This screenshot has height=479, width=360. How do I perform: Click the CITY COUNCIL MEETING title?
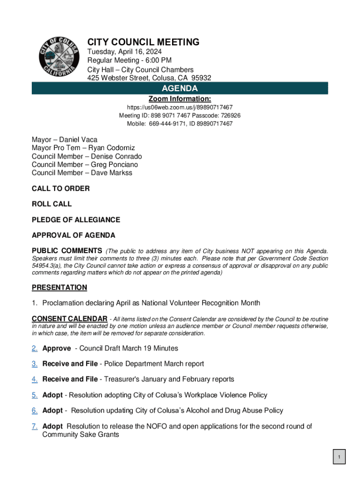pyautogui.click(x=144, y=42)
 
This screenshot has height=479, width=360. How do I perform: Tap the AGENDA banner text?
pyautogui.click(x=180, y=88)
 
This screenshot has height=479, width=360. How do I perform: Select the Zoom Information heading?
pyautogui.click(x=180, y=99)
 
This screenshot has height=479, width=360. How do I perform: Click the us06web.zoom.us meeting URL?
pyautogui.click(x=180, y=107)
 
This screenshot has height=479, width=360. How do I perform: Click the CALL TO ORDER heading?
pyautogui.click(x=61, y=189)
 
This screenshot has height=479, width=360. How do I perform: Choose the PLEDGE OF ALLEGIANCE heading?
pyautogui.click(x=76, y=220)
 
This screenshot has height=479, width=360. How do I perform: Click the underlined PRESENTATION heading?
pyautogui.click(x=59, y=287)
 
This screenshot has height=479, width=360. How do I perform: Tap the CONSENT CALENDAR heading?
pyautogui.click(x=69, y=319)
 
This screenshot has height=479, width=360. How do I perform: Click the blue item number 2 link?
pyautogui.click(x=35, y=348)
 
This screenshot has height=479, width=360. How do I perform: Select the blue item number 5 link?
pyautogui.click(x=35, y=395)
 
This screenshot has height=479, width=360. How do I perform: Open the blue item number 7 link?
pyautogui.click(x=35, y=426)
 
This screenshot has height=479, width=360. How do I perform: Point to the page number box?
pyautogui.click(x=339, y=457)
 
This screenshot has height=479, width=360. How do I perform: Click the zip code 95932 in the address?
pyautogui.click(x=199, y=78)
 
